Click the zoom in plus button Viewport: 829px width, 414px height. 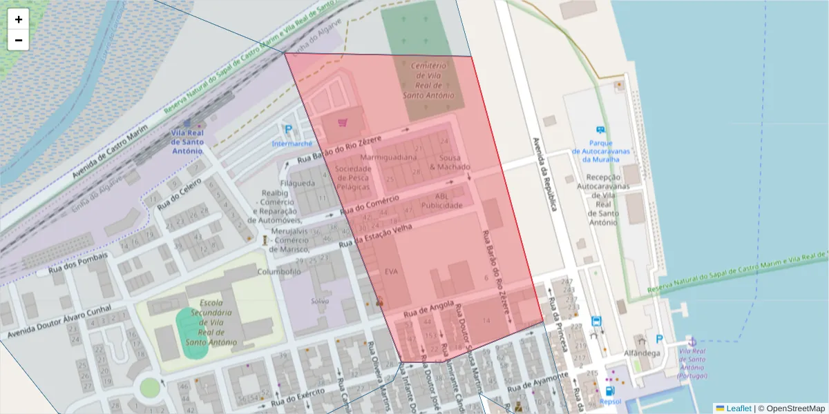pyautogui.click(x=19, y=19)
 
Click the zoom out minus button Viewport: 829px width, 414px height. pyautogui.click(x=19, y=40)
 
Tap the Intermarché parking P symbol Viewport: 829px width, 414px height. pyautogui.click(x=287, y=130)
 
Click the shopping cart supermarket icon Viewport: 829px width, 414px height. pyautogui.click(x=342, y=122)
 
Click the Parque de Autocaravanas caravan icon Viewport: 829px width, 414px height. pyautogui.click(x=600, y=130)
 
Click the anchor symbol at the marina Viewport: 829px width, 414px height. pyautogui.click(x=691, y=342)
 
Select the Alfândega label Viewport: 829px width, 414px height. pyautogui.click(x=642, y=353)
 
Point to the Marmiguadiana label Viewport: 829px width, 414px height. pyautogui.click(x=389, y=157)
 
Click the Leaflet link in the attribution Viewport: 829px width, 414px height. pyautogui.click(x=738, y=408)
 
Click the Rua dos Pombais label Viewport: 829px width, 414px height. pyautogui.click(x=78, y=264)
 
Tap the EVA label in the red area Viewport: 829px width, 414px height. pyautogui.click(x=392, y=272)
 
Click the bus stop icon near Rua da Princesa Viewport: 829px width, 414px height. pyautogui.click(x=596, y=322)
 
